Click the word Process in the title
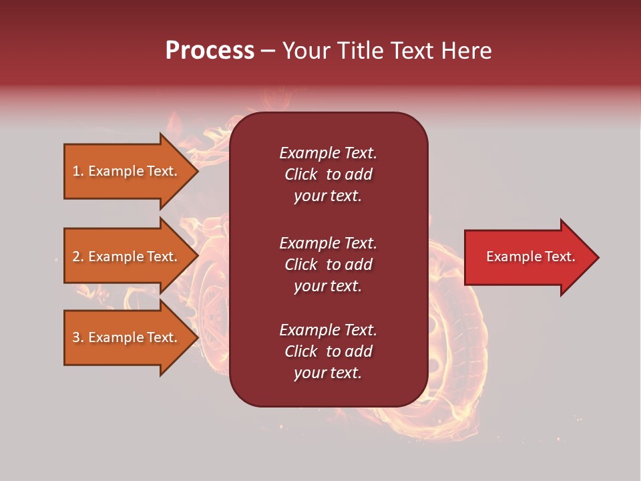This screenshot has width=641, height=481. [x=210, y=51]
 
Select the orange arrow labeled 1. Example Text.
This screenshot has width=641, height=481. [x=127, y=171]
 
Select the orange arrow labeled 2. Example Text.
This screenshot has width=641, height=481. [x=127, y=257]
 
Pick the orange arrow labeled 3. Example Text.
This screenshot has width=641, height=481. [x=127, y=337]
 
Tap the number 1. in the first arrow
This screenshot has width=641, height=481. [x=77, y=171]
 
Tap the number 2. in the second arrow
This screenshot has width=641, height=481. [x=77, y=257]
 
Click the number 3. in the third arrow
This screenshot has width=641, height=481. [x=77, y=337]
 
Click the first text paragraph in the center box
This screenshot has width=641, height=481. [x=328, y=174]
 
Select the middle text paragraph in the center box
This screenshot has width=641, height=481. [x=328, y=265]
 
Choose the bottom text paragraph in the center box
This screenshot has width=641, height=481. [x=328, y=351]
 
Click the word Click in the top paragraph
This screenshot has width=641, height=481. [x=300, y=174]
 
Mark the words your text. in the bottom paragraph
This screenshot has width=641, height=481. [x=328, y=373]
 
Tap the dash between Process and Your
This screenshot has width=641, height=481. [x=268, y=51]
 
